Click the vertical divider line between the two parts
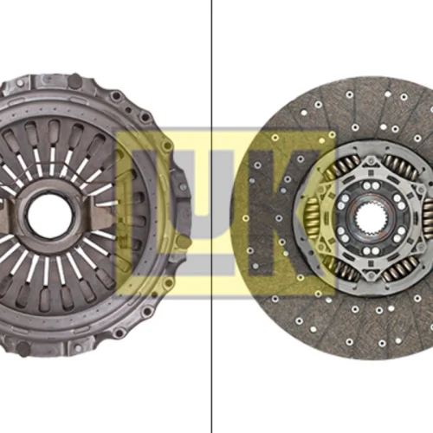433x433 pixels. tap(211, 216)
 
